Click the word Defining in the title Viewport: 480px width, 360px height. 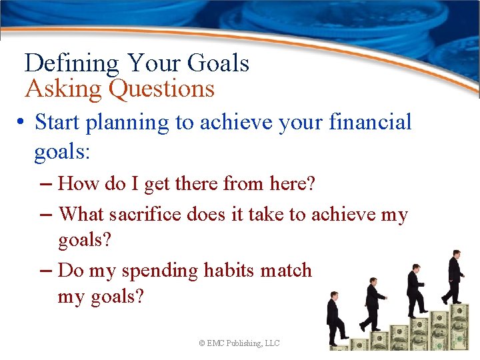pyautogui.click(x=72, y=64)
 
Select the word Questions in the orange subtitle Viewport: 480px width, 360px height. pyautogui.click(x=162, y=89)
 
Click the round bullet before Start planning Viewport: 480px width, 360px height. pyautogui.click(x=22, y=123)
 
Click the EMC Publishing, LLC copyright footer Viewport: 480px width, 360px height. pyautogui.click(x=239, y=343)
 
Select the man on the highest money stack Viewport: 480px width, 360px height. pyautogui.click(x=455, y=276)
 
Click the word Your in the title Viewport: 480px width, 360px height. pyautogui.click(x=154, y=64)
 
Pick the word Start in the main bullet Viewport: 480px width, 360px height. pyautogui.click(x=56, y=123)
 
